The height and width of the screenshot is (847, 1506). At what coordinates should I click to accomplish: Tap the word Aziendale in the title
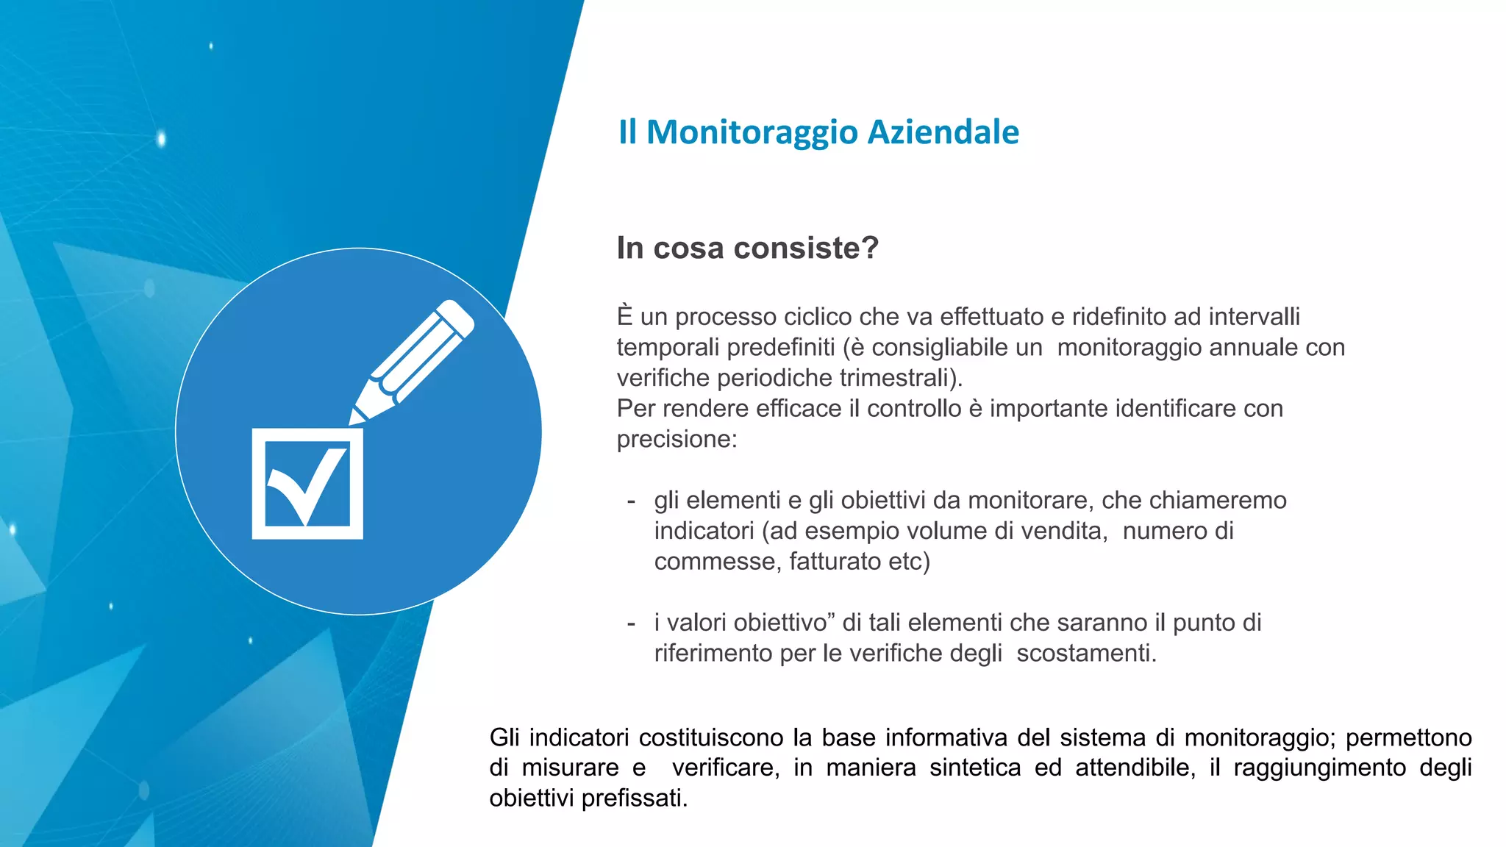[943, 132]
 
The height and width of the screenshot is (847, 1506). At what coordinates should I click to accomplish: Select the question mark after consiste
[871, 248]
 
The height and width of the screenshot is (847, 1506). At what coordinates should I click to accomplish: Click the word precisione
[676, 440]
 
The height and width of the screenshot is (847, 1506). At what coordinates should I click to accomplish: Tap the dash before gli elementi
[631, 501]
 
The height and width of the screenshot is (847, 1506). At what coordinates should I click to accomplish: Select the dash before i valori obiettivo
[631, 623]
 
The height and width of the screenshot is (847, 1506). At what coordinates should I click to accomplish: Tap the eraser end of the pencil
[457, 317]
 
